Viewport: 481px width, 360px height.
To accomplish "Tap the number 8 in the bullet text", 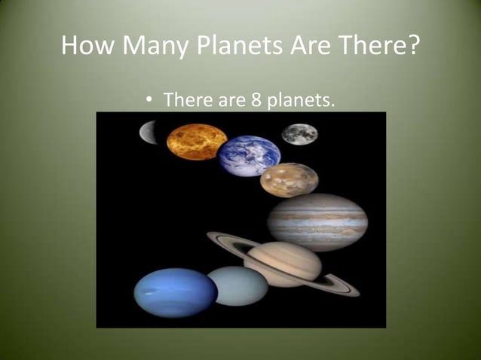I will point(256,99).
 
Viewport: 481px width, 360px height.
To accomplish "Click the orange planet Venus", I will point(196,142).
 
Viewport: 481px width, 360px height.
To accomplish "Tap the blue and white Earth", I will point(249,155).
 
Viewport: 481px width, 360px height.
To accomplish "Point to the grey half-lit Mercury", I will point(149,133).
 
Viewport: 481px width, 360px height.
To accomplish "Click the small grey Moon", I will point(299,134).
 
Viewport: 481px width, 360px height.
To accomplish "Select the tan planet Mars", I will point(289,180).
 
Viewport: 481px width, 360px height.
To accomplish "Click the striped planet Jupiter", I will point(317,221).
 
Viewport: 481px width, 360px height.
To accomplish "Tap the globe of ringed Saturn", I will point(282,263).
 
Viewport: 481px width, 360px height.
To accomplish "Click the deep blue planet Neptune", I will point(175,292).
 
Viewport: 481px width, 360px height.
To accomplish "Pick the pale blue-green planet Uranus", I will point(237,285).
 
